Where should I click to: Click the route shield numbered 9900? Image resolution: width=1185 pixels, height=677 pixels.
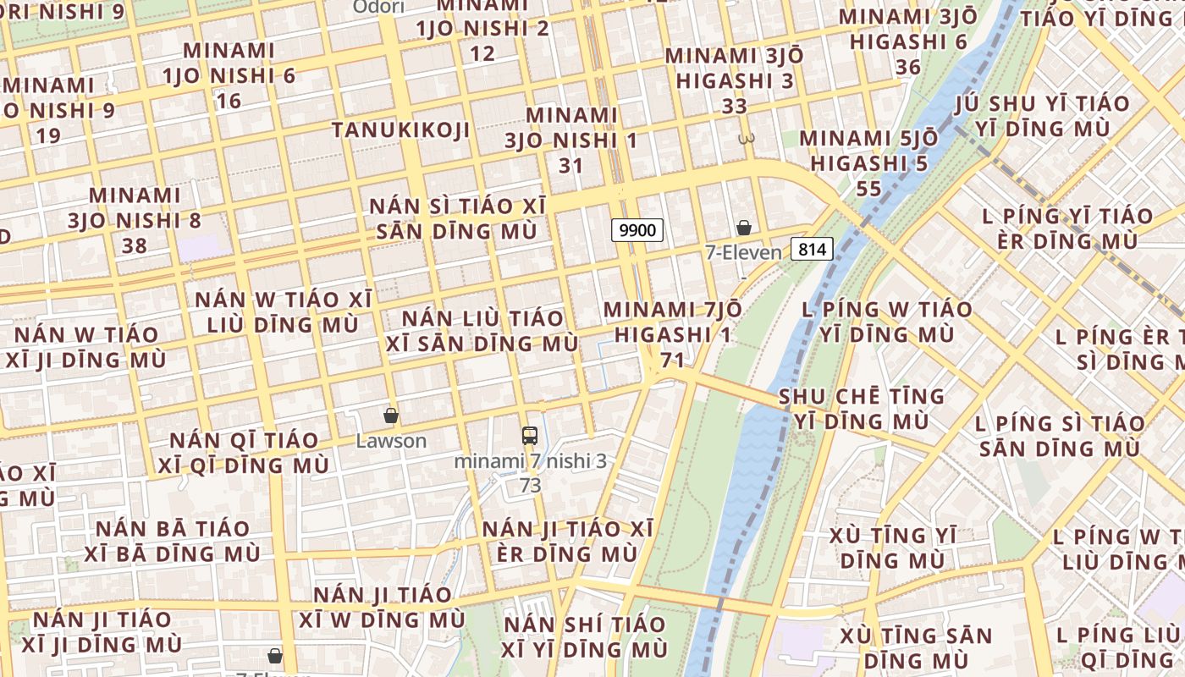click(637, 229)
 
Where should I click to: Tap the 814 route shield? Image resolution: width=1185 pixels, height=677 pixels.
click(813, 249)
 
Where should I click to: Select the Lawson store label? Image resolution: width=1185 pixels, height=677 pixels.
click(391, 441)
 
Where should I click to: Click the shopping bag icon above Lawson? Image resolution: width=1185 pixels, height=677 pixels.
click(391, 416)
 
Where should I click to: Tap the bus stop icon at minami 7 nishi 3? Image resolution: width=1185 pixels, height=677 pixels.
click(530, 436)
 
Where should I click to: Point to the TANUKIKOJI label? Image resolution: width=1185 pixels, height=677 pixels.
click(400, 129)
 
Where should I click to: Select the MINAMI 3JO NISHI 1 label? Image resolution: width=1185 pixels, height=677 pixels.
click(571, 140)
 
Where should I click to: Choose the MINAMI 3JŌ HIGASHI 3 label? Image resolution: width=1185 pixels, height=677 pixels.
click(734, 80)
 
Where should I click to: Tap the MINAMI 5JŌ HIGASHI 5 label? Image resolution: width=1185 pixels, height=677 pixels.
click(868, 162)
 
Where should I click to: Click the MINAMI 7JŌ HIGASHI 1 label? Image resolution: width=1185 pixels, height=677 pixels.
click(673, 334)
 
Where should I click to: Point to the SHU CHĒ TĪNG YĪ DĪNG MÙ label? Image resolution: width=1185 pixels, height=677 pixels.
click(861, 409)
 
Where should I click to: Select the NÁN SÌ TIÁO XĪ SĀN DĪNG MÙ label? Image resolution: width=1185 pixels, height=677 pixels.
click(457, 218)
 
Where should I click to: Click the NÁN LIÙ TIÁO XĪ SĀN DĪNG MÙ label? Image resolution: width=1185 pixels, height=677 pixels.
click(482, 331)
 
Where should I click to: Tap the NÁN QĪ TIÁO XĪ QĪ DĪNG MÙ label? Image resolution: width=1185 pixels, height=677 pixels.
click(244, 453)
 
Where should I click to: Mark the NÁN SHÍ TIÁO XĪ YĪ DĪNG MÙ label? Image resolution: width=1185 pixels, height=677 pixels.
click(584, 637)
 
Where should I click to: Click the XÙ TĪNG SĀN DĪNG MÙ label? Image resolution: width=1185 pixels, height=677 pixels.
click(916, 647)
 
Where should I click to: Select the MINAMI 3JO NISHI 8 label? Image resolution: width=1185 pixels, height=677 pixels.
click(135, 220)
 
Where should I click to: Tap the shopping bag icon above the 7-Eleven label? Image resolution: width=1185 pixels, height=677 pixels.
click(744, 228)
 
